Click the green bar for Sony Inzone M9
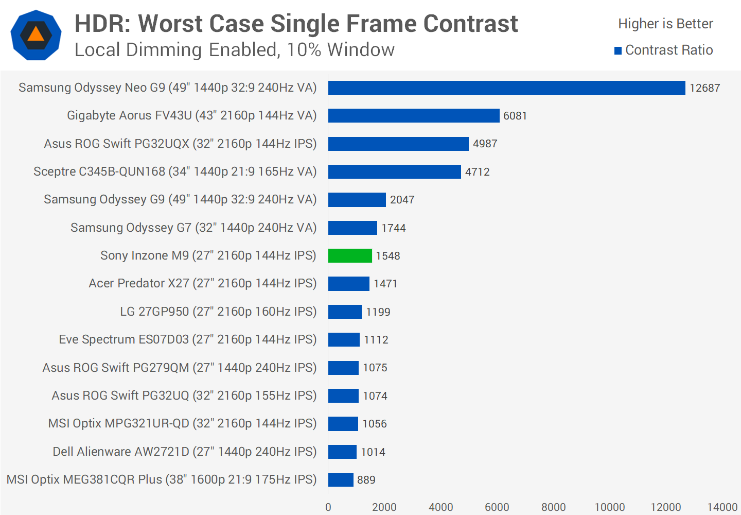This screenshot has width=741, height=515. click(x=350, y=255)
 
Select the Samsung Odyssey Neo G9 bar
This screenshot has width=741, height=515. click(x=506, y=88)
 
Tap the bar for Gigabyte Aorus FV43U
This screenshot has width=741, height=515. click(x=414, y=116)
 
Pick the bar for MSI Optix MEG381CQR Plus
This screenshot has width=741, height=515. click(x=341, y=479)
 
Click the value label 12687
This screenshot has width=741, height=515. click(x=704, y=88)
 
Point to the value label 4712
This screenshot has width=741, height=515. click(x=477, y=172)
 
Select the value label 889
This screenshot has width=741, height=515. click(x=366, y=480)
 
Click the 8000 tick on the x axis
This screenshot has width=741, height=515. click(x=553, y=507)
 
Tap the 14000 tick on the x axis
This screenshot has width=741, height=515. click(x=722, y=507)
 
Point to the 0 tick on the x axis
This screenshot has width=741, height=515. click(x=328, y=507)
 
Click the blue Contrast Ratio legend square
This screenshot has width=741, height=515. click(x=618, y=50)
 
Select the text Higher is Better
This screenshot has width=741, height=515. click(x=665, y=24)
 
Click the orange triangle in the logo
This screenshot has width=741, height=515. click(x=36, y=35)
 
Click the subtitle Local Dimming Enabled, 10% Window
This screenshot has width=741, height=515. click(x=235, y=50)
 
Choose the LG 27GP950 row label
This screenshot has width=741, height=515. click(x=218, y=312)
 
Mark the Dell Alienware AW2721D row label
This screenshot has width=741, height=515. click(x=184, y=452)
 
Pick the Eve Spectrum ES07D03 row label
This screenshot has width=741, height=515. click(x=187, y=339)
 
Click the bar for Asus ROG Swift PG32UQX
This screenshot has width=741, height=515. click(x=398, y=144)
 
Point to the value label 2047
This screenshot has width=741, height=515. click(x=402, y=200)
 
